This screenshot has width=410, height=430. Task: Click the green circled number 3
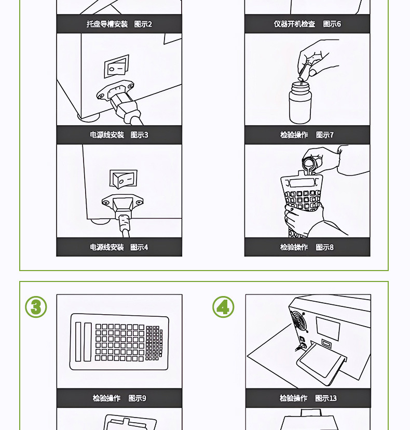(36, 307)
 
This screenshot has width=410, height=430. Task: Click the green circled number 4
(223, 307)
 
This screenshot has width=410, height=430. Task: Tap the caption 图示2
(143, 24)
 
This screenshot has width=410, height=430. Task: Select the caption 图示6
(332, 24)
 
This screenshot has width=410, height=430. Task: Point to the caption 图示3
(139, 135)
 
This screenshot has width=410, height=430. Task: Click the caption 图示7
(325, 135)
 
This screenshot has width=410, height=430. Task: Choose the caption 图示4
(139, 247)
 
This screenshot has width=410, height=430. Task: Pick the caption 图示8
(325, 247)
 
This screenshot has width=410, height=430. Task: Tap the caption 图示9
(138, 398)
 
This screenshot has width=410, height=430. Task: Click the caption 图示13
(326, 398)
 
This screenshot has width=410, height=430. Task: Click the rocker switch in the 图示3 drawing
(116, 66)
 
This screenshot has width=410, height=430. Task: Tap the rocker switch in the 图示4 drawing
(124, 179)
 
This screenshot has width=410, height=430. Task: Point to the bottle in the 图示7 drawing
(300, 102)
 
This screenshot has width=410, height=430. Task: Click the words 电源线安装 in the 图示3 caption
(107, 135)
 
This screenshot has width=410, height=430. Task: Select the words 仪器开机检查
(294, 24)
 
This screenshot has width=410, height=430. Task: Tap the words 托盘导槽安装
(107, 24)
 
